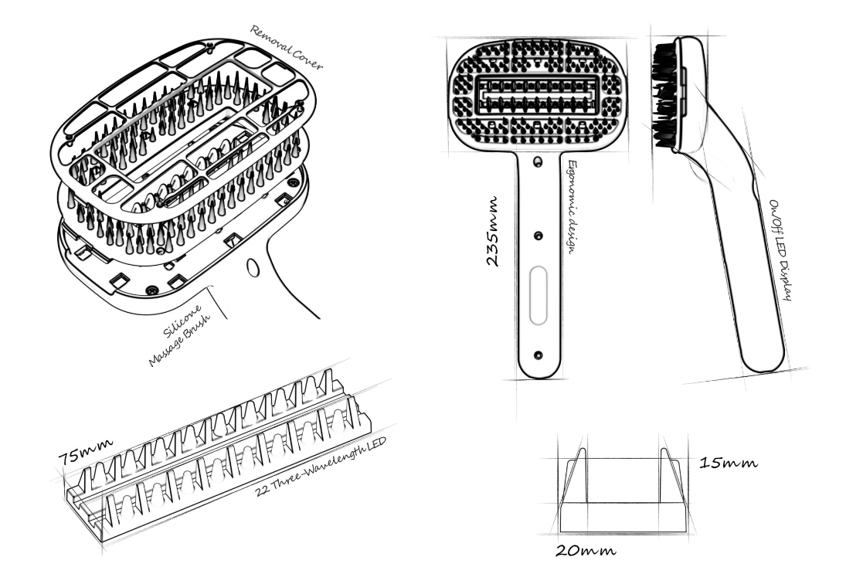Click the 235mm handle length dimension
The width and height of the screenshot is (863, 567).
point(492,231)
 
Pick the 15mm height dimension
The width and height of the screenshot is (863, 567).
point(729,463)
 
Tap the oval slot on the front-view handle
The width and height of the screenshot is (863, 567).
point(539,296)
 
